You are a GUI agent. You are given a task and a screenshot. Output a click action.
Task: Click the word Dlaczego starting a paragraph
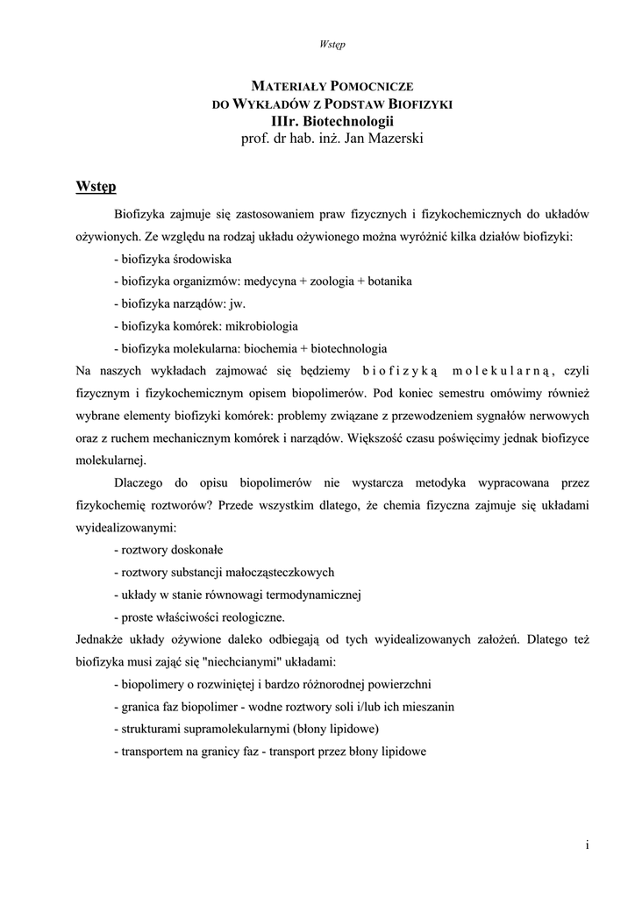141,483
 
